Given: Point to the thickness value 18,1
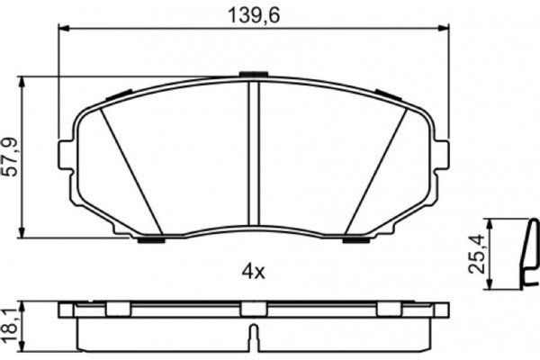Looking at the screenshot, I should coord(11,319).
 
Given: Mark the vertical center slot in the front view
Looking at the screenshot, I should coord(253,153).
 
